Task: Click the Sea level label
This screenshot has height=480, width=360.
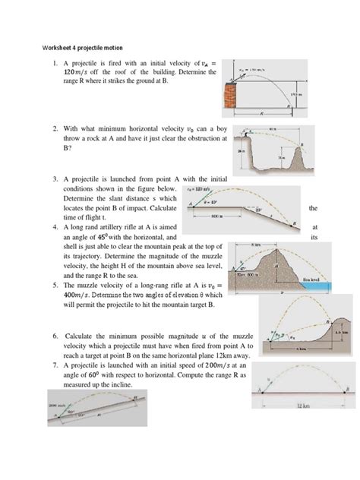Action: tap(314, 280)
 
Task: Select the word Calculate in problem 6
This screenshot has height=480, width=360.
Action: tap(83, 336)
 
